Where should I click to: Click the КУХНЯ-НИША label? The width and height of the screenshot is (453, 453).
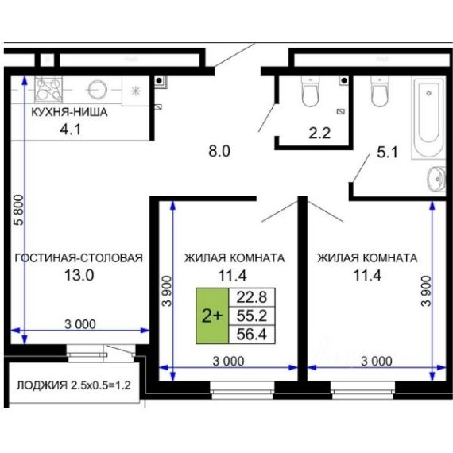[69, 112]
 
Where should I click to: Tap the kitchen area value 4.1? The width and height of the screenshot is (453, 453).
[71, 130]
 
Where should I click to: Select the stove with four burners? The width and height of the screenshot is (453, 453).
[48, 89]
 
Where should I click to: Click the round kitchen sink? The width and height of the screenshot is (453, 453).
[98, 90]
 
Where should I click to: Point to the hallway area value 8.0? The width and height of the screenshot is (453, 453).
[219, 151]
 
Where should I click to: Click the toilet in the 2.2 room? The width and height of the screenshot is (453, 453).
[311, 92]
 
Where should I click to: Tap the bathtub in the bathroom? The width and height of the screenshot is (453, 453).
[428, 118]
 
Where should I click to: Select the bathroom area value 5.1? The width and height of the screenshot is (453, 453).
[387, 153]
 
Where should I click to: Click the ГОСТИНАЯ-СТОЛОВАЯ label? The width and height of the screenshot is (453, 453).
[79, 257]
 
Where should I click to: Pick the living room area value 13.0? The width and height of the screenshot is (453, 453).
[79, 275]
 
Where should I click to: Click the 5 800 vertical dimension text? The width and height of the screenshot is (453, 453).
[19, 210]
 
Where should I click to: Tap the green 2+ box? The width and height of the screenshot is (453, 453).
[212, 316]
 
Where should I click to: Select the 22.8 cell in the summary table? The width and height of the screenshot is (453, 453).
[252, 297]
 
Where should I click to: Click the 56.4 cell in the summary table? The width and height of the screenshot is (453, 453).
[252, 335]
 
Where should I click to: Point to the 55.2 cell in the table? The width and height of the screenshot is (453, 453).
[252, 316]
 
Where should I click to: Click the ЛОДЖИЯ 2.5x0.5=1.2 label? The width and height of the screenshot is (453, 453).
[74, 385]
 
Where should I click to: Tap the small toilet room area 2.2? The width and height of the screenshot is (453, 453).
[319, 134]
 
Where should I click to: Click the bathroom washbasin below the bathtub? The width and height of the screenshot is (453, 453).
[436, 179]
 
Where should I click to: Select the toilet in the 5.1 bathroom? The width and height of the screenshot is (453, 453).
[380, 91]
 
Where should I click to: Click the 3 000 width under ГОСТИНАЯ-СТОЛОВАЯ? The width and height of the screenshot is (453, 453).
[80, 324]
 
